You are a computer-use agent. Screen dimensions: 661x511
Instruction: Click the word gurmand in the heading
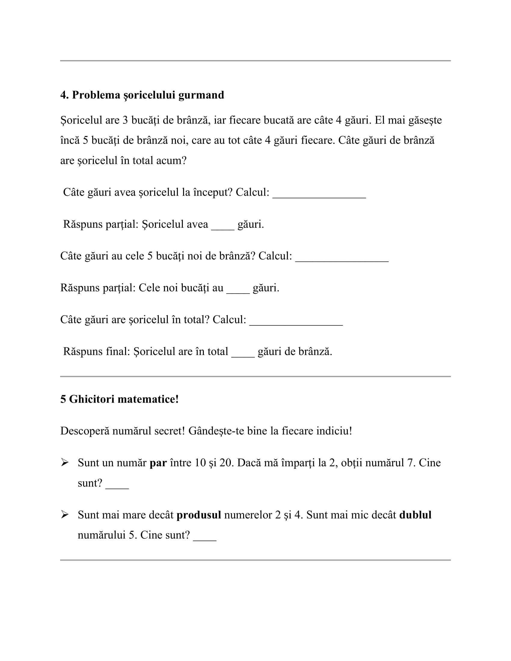coord(201,95)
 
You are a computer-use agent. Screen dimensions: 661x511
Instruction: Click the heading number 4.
coord(64,95)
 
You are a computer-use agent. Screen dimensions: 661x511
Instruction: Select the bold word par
coord(158,463)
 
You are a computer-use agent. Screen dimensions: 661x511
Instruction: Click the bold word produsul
coord(199,515)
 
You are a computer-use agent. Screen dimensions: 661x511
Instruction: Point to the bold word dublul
coord(415,515)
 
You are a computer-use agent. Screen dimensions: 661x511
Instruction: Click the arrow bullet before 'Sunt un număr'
coord(65,462)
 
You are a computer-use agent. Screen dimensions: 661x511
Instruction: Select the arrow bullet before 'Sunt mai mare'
coord(65,514)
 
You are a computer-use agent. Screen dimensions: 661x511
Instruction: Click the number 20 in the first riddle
coord(225,463)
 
